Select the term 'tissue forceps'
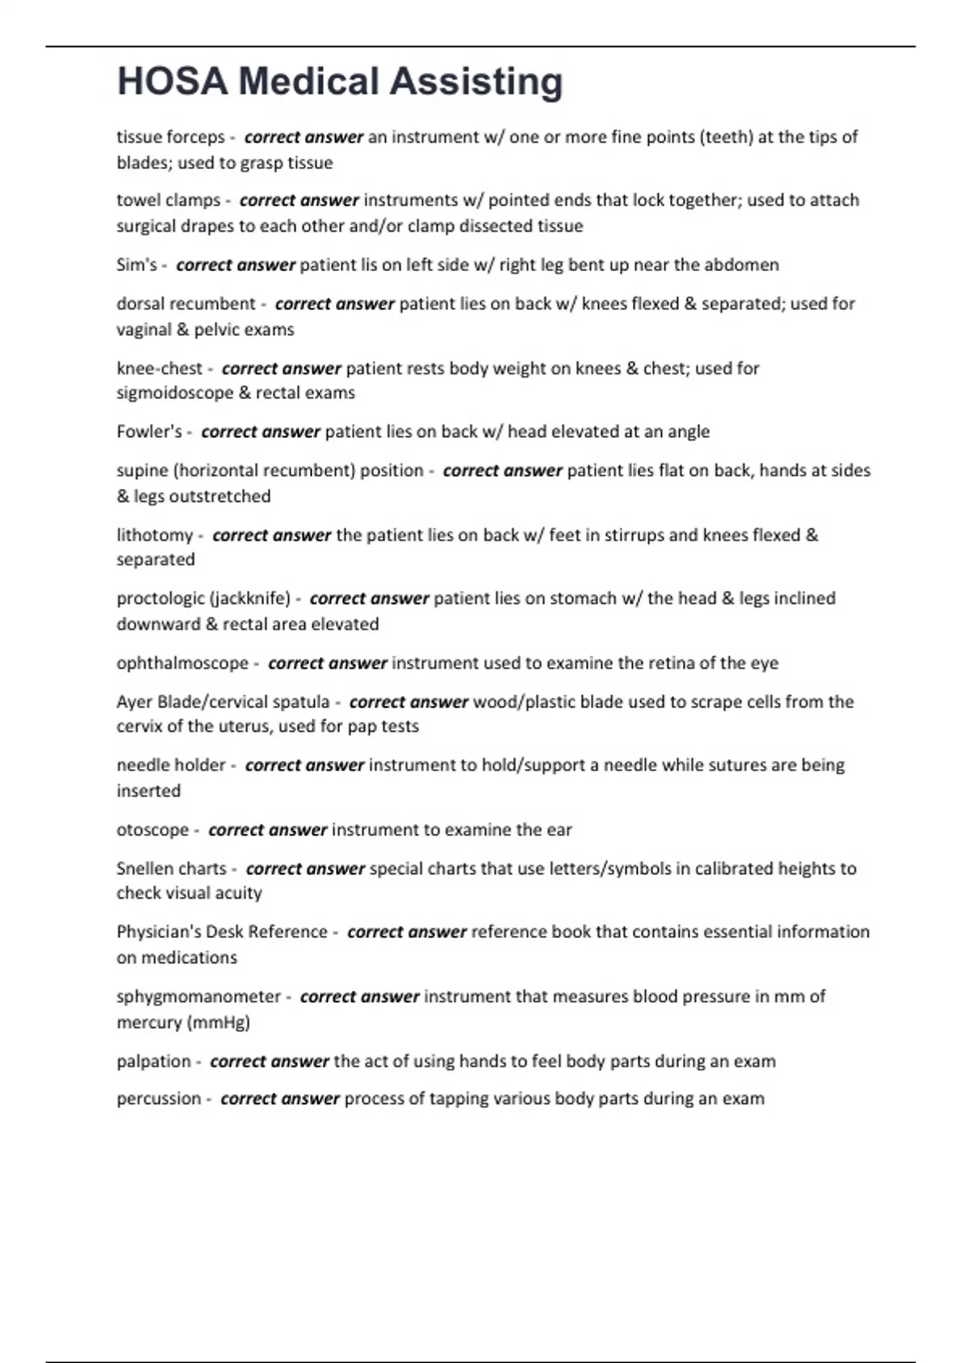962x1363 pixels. click(x=170, y=137)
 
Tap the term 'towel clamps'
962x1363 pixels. click(x=168, y=200)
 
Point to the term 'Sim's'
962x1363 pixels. click(x=136, y=265)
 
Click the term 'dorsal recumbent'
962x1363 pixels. click(x=185, y=304)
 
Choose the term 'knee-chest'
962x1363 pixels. click(x=160, y=368)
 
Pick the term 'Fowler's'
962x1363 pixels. click(x=149, y=431)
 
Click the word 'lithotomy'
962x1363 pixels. click(x=155, y=535)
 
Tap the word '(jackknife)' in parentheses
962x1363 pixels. click(x=249, y=598)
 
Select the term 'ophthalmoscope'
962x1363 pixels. click(x=182, y=663)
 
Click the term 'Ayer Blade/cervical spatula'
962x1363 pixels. click(x=222, y=702)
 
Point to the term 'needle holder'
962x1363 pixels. click(x=171, y=765)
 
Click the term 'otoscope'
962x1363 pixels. click(x=152, y=830)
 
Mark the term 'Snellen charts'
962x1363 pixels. click(x=171, y=868)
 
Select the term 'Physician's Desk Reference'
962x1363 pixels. click(x=221, y=932)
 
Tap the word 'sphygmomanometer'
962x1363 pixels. click(x=198, y=997)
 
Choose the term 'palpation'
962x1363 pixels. click(x=153, y=1061)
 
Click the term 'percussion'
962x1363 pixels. click(x=158, y=1098)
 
